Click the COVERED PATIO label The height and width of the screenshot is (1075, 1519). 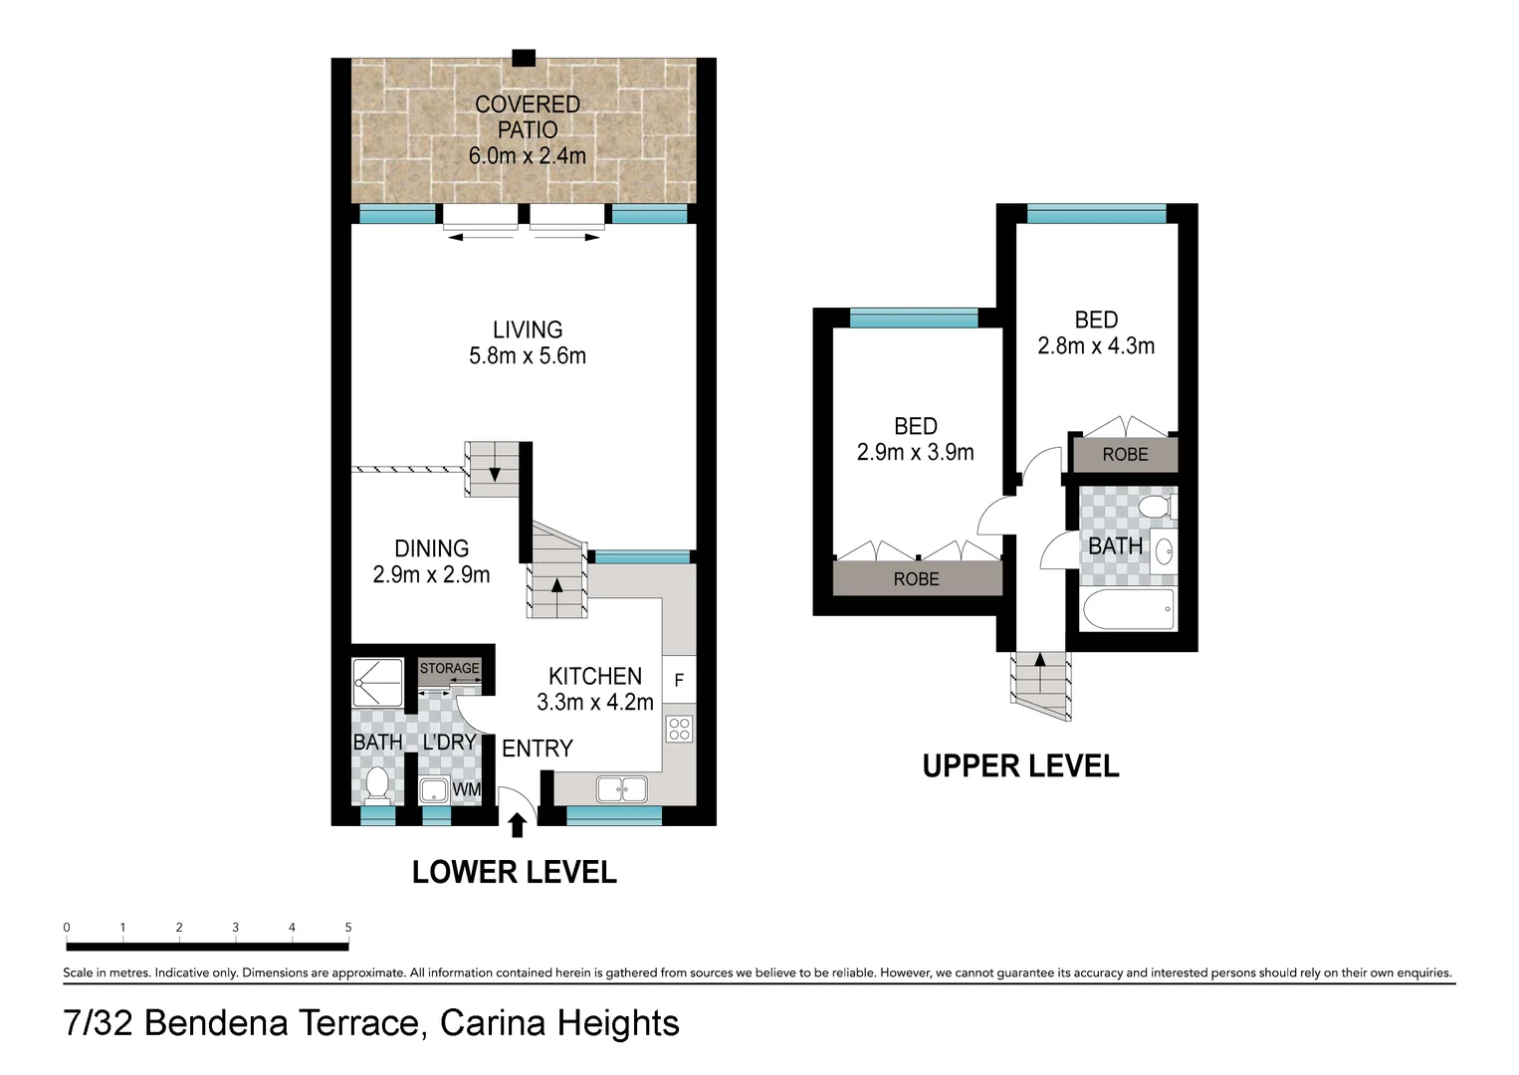coord(527,116)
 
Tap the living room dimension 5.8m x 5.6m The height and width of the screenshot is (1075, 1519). coord(527,355)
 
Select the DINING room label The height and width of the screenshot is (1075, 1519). coord(431,548)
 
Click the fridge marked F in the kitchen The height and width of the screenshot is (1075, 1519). coord(679,681)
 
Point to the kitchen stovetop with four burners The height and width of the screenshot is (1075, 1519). coord(679,729)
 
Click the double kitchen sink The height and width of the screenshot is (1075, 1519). coord(621,789)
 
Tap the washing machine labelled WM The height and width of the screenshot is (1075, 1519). coord(466,789)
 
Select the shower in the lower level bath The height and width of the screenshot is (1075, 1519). coord(377,683)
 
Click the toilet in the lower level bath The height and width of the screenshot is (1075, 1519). coord(376,784)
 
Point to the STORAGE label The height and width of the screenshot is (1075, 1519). coord(449,668)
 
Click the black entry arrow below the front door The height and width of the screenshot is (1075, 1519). coord(517,825)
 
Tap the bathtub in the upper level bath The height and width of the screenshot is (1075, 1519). coord(1128,609)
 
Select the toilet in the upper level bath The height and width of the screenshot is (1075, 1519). coord(1155,507)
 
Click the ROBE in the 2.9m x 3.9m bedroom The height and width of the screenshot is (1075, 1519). coord(916,578)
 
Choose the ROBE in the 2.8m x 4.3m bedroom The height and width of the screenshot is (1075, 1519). coord(1125,454)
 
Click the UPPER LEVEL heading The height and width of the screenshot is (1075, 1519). coord(1020,766)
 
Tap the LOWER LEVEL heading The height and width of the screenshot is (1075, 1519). coord(514,872)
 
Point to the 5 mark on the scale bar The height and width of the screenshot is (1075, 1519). coord(348,928)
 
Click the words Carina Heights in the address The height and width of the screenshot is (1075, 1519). coord(559,1023)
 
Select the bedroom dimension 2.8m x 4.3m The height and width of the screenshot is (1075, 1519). coord(1096,345)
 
